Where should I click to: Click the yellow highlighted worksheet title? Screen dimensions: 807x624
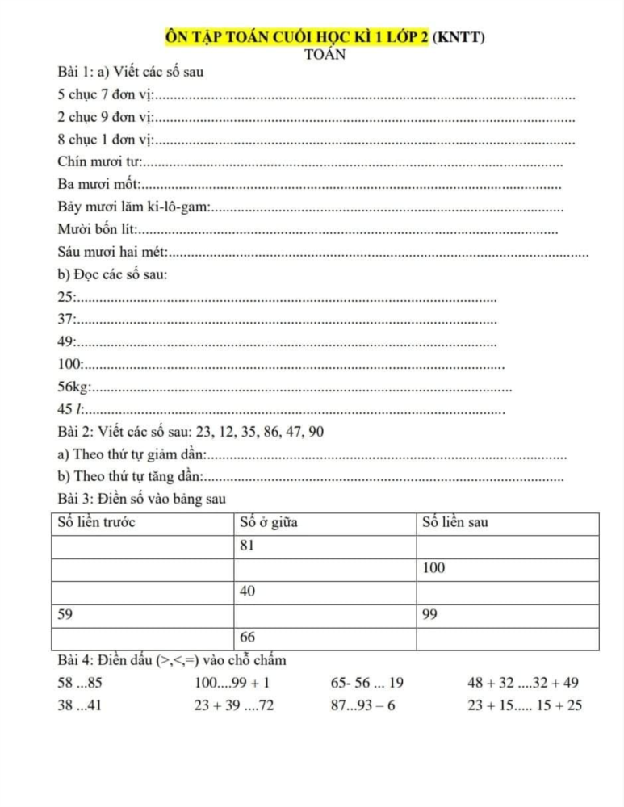tap(295, 37)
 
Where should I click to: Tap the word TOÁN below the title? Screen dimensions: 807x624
tap(325, 55)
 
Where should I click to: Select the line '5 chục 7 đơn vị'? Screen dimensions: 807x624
tap(105, 95)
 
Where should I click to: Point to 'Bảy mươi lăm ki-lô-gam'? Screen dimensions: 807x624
tap(134, 207)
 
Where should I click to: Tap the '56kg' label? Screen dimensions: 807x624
tap(73, 387)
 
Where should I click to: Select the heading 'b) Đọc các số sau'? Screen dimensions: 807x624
tap(113, 274)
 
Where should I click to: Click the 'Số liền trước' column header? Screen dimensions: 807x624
tap(97, 522)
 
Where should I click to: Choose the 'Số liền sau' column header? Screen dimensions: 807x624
tap(455, 522)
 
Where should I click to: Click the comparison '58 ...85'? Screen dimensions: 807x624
tap(80, 684)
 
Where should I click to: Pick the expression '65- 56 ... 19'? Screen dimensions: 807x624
tap(367, 684)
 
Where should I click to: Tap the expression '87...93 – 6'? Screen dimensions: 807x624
tap(363, 706)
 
